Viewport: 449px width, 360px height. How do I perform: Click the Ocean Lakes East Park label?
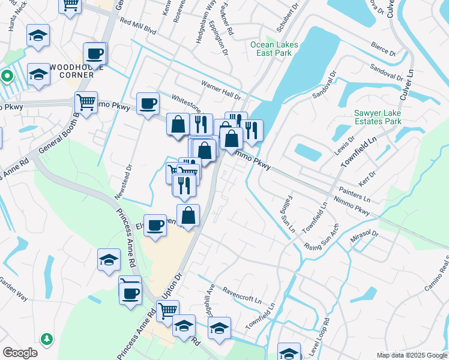[271, 49]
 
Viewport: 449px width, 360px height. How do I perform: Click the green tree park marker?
[46, 340]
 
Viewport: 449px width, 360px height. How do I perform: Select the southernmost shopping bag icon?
[188, 215]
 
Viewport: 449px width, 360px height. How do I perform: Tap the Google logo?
[20, 353]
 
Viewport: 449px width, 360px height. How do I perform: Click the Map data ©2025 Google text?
[411, 355]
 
